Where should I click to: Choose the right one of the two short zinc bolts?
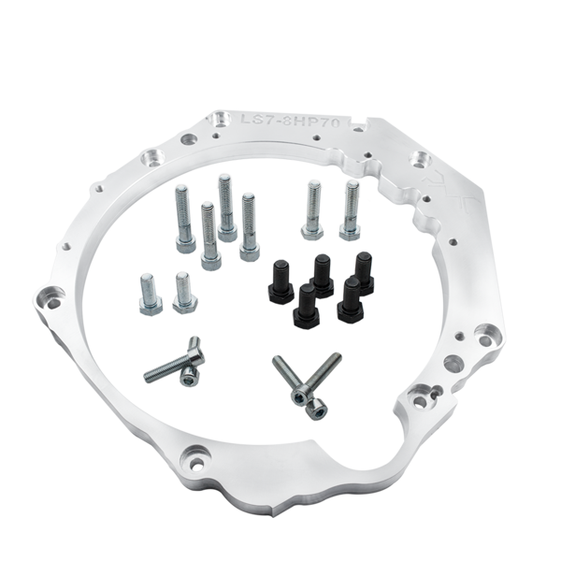point(183,289)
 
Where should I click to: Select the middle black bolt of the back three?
point(323,271)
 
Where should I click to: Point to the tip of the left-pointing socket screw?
point(149,377)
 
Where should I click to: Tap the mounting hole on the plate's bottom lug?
point(191,461)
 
